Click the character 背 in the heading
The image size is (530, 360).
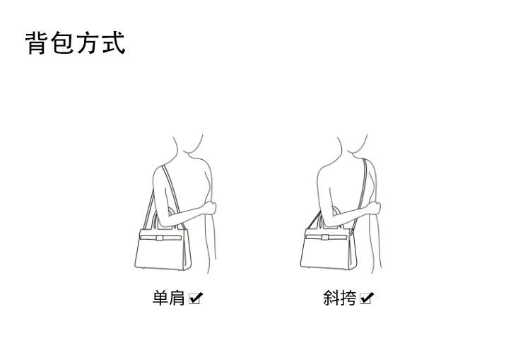(x=36, y=42)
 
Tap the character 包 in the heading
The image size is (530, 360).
(x=63, y=42)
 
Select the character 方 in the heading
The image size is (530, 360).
(x=88, y=42)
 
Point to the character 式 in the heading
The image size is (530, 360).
(x=114, y=42)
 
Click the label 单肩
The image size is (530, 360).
(x=169, y=298)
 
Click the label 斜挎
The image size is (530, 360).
(x=339, y=298)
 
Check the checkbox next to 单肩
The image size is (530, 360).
(x=195, y=298)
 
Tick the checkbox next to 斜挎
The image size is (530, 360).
(x=367, y=298)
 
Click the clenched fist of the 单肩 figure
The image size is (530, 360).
(x=211, y=207)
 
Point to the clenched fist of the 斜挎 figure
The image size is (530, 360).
(x=375, y=207)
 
